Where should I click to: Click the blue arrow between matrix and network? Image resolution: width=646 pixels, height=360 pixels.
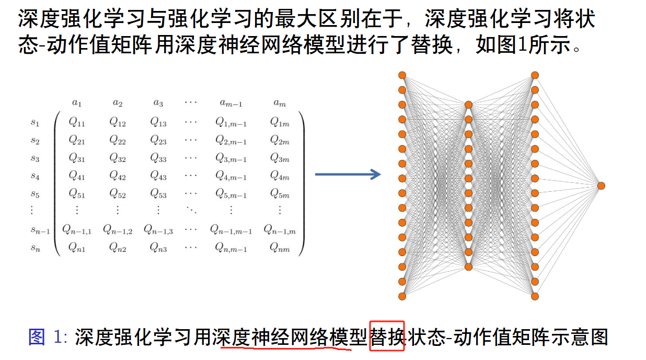(x=348, y=175)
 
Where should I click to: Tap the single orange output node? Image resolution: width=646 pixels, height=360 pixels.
(x=601, y=185)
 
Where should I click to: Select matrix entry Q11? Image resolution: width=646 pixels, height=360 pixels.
(x=76, y=123)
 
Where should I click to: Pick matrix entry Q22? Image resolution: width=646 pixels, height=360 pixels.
(x=117, y=141)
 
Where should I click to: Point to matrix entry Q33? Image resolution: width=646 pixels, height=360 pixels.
(x=158, y=158)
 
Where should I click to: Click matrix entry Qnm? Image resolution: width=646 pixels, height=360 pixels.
(x=280, y=248)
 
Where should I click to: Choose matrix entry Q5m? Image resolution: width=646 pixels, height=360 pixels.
(x=280, y=194)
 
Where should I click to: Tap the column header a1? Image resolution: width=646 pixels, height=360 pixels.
(x=76, y=103)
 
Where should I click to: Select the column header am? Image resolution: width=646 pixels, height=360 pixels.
(x=280, y=103)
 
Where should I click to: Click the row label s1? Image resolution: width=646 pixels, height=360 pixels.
(x=35, y=123)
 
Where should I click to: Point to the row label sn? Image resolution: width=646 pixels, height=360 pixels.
(x=35, y=248)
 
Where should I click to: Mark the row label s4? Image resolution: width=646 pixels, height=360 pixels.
(x=35, y=176)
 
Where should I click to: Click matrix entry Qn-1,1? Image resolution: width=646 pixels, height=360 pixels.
(x=76, y=229)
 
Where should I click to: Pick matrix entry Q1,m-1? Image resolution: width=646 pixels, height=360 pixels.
(x=230, y=123)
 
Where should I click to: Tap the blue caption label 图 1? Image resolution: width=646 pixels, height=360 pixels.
(x=44, y=337)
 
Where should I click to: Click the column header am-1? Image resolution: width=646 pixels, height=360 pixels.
(x=230, y=103)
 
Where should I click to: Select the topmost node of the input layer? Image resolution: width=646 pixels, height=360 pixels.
(x=402, y=75)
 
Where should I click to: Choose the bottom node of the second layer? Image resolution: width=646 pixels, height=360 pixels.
(x=468, y=267)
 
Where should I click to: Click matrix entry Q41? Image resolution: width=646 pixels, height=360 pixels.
(x=76, y=176)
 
